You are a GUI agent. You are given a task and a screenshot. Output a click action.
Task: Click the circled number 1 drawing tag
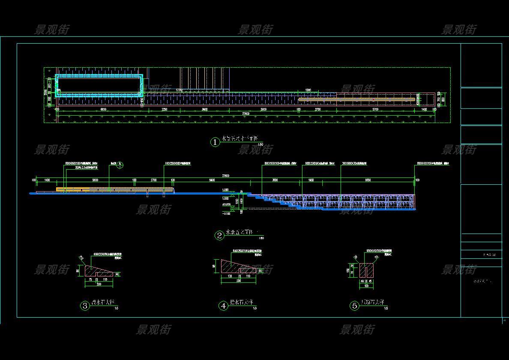click(x=215, y=142)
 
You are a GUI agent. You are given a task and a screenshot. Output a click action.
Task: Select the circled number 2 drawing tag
click(x=219, y=235)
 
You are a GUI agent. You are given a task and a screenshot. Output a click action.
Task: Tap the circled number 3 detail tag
click(x=85, y=306)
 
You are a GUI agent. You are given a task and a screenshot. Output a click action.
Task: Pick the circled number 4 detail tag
click(x=223, y=306)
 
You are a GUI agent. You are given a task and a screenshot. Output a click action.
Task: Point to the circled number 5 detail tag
click(x=354, y=306)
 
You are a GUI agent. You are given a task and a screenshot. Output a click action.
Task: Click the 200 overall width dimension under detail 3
click(x=99, y=285)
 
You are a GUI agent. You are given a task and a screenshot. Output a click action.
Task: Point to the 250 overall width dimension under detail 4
click(x=238, y=281)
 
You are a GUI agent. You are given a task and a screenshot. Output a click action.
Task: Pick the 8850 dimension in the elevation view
click(x=368, y=180)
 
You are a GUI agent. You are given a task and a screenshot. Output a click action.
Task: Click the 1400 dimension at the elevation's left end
click(x=47, y=180)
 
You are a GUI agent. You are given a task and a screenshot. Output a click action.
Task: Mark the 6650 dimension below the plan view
click(x=103, y=110)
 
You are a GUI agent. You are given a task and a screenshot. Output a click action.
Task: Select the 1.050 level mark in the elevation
click(x=225, y=190)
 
